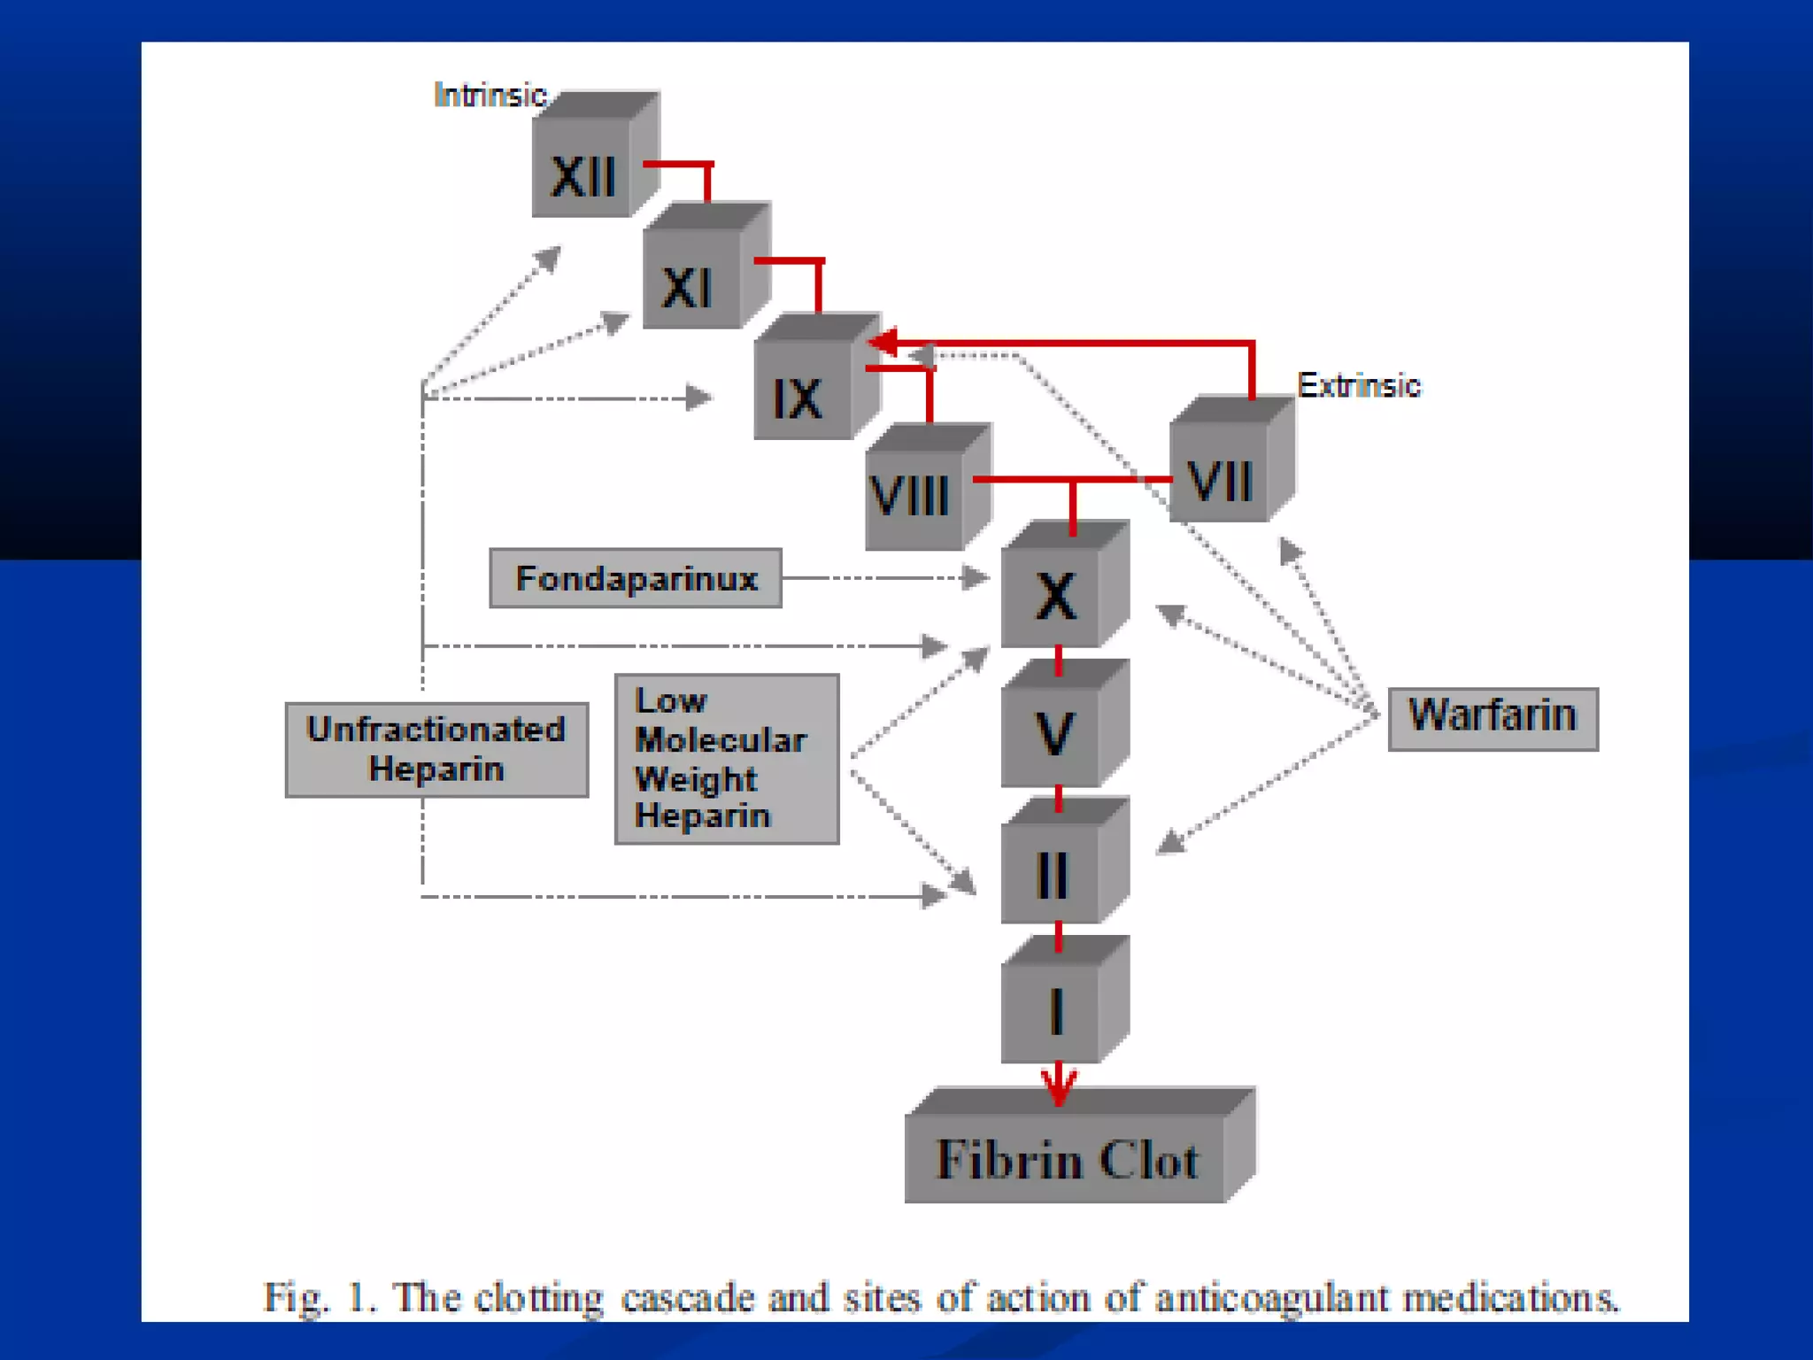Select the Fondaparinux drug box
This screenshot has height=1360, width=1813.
[636, 578]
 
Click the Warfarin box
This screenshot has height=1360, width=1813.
[1493, 718]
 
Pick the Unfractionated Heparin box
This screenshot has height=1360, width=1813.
[436, 750]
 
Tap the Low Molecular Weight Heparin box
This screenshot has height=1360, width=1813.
[726, 759]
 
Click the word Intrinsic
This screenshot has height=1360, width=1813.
[490, 95]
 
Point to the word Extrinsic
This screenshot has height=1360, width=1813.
[1358, 385]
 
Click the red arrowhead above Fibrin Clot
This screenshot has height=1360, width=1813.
[1059, 1087]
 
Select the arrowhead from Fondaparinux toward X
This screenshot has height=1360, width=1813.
[975, 578]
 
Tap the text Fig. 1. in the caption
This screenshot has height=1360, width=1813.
[320, 1298]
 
